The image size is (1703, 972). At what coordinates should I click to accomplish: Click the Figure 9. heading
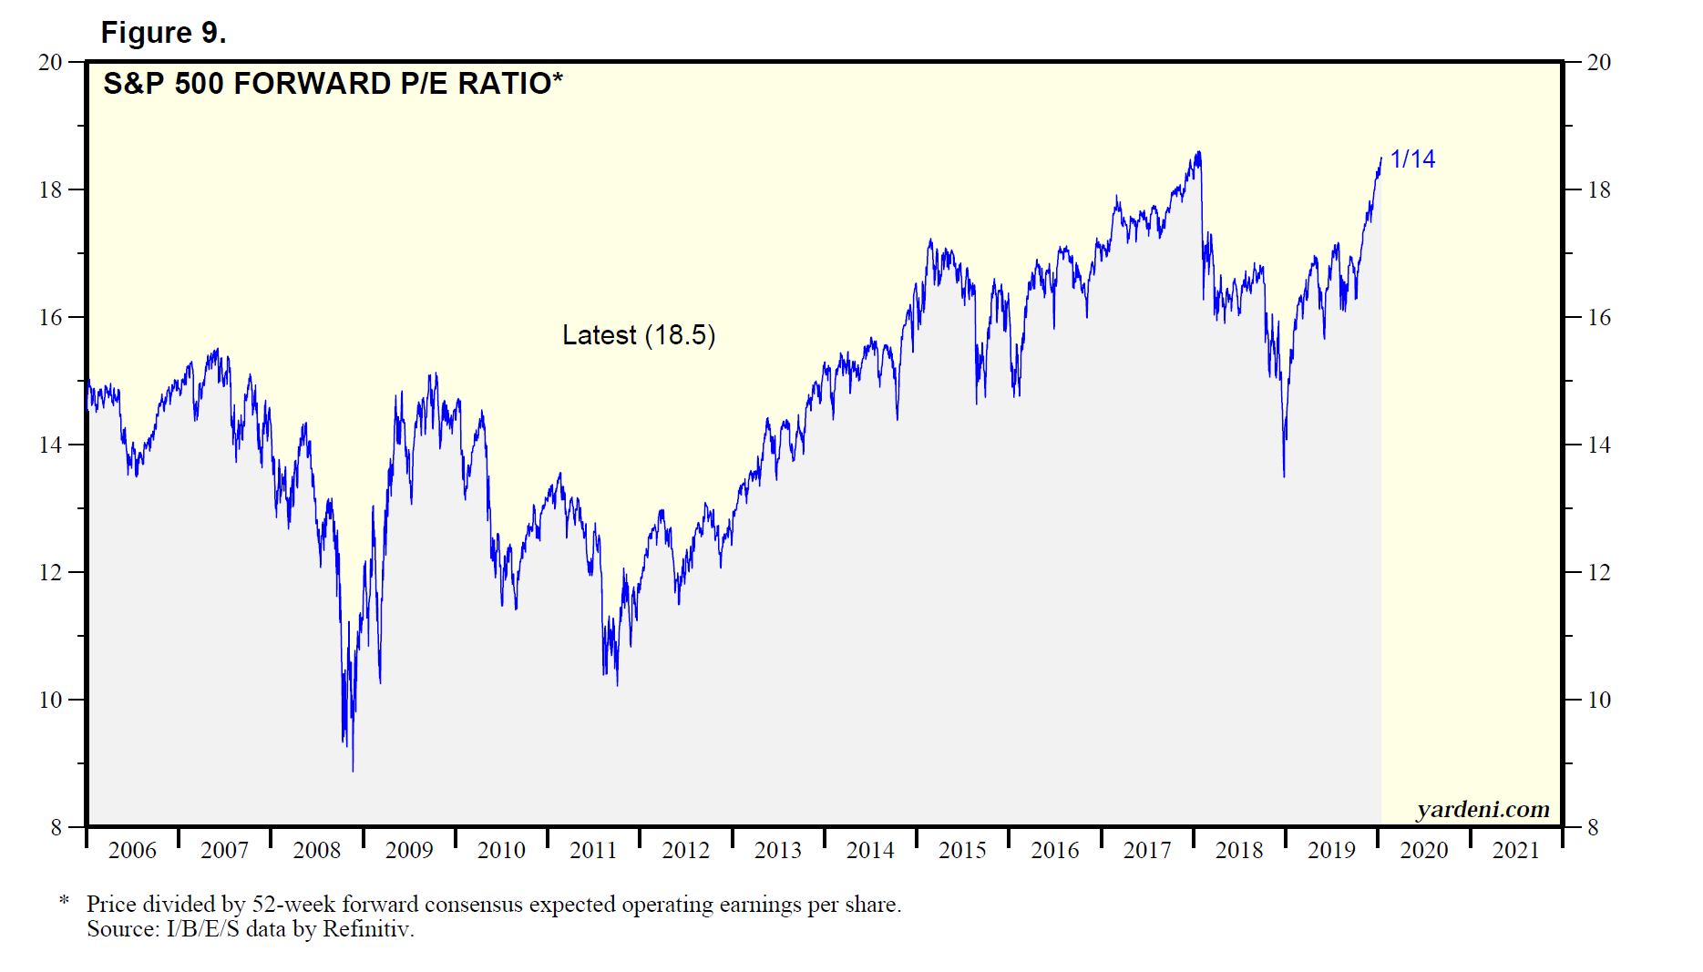click(163, 33)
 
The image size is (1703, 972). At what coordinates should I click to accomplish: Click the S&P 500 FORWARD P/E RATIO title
click(333, 84)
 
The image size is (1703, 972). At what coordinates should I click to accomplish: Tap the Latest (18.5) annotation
click(639, 335)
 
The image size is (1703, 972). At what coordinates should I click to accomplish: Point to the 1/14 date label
click(1412, 159)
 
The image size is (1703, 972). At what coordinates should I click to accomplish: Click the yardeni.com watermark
click(1482, 809)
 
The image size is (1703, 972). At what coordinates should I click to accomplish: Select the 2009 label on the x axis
click(409, 850)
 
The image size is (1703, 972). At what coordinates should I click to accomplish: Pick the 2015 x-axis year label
click(962, 850)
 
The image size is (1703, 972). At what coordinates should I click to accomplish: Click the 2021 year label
click(1515, 850)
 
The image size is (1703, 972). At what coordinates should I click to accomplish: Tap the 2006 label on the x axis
click(132, 850)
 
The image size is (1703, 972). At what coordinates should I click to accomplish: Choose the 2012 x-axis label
click(685, 850)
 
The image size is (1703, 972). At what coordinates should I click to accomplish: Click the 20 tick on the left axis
click(50, 62)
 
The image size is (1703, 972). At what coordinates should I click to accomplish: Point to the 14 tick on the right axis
click(1599, 445)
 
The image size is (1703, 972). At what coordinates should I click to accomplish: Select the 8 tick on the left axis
click(56, 827)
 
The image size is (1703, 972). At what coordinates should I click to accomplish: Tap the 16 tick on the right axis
click(1599, 317)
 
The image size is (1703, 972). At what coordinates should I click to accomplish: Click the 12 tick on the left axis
click(50, 572)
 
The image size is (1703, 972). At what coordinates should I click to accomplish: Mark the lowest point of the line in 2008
click(353, 771)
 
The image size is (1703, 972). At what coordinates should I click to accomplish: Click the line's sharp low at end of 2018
click(1284, 476)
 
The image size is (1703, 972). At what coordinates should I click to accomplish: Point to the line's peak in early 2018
click(1198, 152)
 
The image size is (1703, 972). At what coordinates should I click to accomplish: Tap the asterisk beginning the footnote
click(64, 902)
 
